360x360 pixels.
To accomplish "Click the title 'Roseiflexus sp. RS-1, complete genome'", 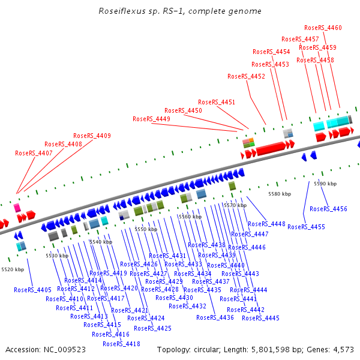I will coord(180,11).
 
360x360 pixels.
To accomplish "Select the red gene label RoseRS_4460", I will coord(323,28).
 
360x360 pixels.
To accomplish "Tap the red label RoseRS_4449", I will coord(151,119).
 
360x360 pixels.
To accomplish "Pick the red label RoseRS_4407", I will coord(34,153).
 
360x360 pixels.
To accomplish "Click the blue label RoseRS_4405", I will coord(32,290).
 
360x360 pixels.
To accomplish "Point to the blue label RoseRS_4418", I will coord(121,344).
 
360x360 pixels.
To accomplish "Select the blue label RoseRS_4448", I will coord(266,224).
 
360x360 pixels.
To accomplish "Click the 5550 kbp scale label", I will coord(145,229).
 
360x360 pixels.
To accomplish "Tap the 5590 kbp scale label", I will coord(325,184).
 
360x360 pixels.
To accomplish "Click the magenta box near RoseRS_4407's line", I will coord(17,207).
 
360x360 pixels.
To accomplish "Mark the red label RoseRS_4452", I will coord(246,76).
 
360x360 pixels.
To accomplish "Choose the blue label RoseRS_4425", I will coord(152,328).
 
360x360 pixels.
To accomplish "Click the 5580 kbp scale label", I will coord(279,194).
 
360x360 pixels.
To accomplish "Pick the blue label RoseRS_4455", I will coord(306,227).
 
